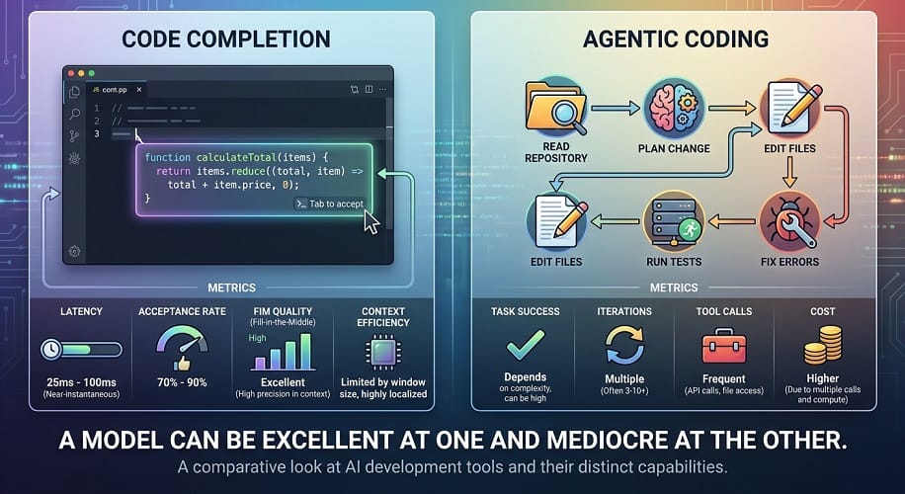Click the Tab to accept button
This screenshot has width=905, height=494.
click(x=330, y=204)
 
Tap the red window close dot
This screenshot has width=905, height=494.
click(x=71, y=73)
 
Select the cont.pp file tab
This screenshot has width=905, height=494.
click(x=115, y=90)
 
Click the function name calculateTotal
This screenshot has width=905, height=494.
click(x=236, y=157)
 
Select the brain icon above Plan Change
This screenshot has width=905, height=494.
click(x=674, y=109)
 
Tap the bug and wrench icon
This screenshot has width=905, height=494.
click(x=789, y=222)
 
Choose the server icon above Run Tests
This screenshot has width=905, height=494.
click(x=674, y=222)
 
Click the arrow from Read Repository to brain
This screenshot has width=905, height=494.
click(x=616, y=108)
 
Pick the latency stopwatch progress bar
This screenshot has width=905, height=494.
click(x=81, y=349)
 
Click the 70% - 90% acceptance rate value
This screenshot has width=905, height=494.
click(x=182, y=382)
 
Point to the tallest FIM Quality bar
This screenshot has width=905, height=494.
click(x=306, y=351)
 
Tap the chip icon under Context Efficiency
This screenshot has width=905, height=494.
click(x=383, y=352)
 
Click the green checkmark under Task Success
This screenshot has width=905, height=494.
click(x=526, y=345)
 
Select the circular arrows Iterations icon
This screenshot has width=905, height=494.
click(x=624, y=345)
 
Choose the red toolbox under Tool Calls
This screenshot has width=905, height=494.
click(x=724, y=346)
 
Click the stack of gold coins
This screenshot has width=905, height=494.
click(x=822, y=345)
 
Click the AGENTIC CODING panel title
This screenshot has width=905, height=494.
click(x=676, y=40)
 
